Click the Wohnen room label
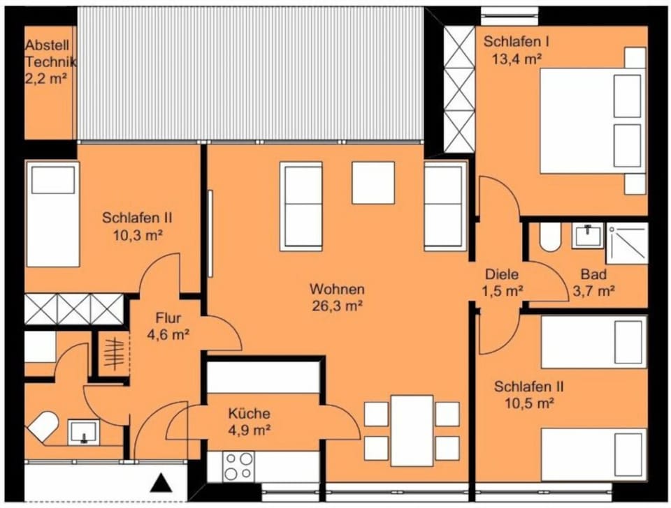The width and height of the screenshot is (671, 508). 338,289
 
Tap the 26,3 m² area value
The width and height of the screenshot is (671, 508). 338,304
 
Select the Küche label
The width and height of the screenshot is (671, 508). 249,414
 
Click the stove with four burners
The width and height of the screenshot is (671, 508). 240,465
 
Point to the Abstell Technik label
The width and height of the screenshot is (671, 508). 50,54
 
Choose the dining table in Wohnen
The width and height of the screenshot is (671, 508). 412,426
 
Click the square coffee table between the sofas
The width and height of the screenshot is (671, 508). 373,182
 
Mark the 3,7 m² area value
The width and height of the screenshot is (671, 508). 593,291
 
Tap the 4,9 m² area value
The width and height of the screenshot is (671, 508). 249,430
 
